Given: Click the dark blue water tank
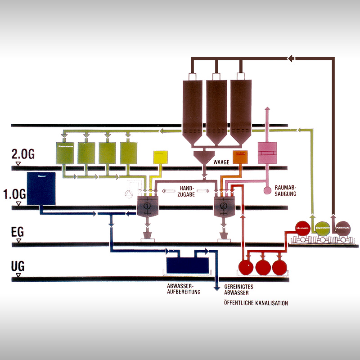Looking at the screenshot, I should (41, 189).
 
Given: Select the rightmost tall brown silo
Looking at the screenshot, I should (240, 108).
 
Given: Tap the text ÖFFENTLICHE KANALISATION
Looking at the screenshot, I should (256, 303).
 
